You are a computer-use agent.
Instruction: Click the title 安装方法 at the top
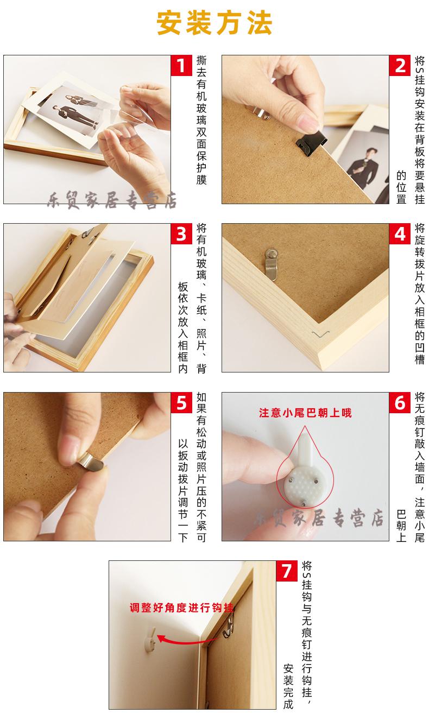pos(214,23)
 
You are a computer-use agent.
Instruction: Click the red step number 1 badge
pos(181,66)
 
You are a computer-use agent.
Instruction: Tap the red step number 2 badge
pos(400,66)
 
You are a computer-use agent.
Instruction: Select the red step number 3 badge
pos(181,234)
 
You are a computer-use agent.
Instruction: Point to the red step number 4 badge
pos(400,234)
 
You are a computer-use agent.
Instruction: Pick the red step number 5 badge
pos(181,403)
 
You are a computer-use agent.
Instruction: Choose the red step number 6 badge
pos(400,403)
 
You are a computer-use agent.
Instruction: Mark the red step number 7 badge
pos(287,571)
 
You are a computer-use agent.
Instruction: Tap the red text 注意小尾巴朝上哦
pos(305,413)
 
